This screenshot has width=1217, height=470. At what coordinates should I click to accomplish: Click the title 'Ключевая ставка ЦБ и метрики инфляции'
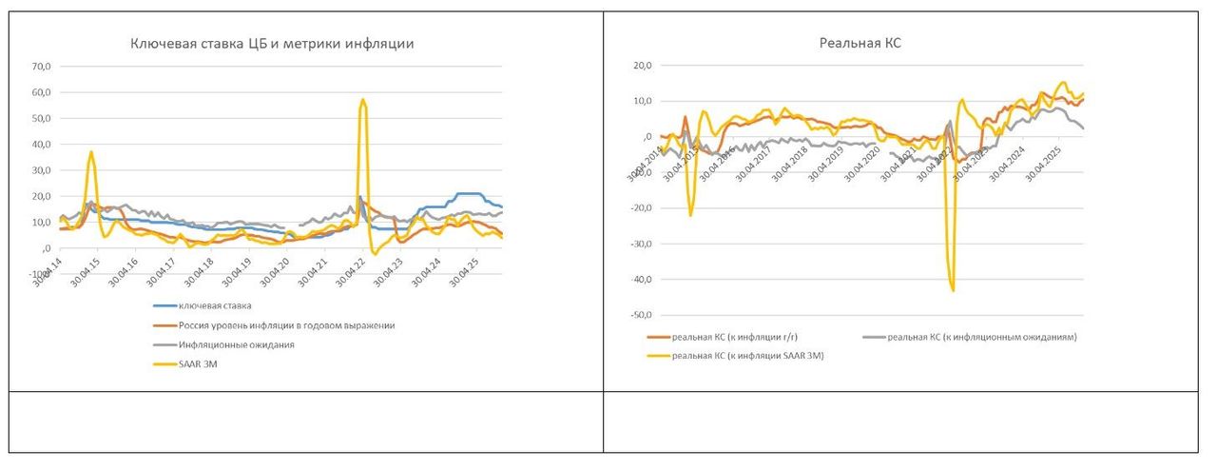272,44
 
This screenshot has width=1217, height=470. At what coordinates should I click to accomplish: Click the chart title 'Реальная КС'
859,43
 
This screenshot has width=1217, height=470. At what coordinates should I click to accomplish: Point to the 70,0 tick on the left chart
41,67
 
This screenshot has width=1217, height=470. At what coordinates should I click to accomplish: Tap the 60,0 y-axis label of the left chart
41,93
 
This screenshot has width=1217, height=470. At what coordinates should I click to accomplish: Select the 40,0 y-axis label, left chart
41,145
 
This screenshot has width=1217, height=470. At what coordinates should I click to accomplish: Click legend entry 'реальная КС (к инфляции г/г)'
728,337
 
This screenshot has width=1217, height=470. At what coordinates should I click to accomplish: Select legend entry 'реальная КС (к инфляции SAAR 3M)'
747,356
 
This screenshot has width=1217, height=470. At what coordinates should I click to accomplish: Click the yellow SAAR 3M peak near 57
362,99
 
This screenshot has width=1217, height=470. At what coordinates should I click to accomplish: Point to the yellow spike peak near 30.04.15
91,152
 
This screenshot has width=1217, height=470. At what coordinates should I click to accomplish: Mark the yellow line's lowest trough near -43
953,290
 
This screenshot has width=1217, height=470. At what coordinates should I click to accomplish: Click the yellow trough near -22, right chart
691,215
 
